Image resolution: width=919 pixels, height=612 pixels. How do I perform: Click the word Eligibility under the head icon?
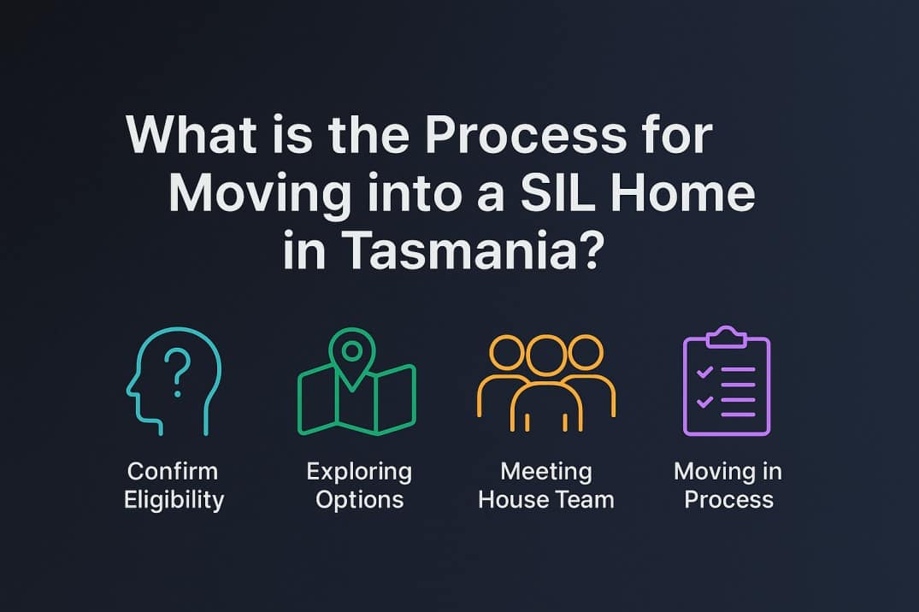click(x=174, y=499)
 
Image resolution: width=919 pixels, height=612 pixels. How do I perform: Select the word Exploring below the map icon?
click(x=359, y=471)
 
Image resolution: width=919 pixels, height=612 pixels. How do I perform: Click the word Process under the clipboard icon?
click(x=728, y=499)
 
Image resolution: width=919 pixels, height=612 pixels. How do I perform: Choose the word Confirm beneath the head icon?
click(x=173, y=471)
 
